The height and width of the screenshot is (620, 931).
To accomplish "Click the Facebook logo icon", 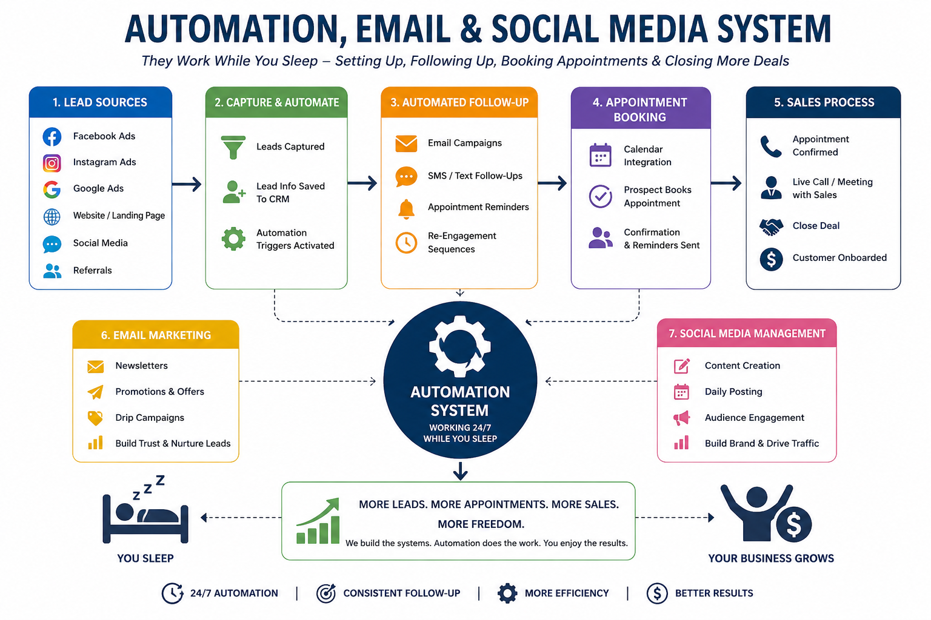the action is (52, 137).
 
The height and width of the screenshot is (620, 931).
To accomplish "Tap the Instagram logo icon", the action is (52, 163).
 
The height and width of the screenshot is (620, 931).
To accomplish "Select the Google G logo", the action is (52, 190).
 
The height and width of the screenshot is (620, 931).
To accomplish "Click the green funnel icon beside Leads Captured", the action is (233, 147).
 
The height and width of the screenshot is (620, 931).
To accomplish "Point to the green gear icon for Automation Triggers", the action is (233, 239).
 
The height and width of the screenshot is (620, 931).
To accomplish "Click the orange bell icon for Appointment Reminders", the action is (406, 208).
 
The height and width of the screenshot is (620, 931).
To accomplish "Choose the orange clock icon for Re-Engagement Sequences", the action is (406, 243).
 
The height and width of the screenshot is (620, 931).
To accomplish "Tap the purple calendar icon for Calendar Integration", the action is (600, 156).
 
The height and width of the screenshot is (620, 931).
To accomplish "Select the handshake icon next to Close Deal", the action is (771, 226).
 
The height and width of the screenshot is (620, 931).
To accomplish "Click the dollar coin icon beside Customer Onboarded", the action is (771, 259).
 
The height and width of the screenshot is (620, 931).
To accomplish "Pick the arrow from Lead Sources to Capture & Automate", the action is (187, 184).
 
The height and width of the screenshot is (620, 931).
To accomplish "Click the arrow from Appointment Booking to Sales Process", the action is (726, 183).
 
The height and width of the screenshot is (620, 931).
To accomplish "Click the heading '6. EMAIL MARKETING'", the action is (156, 335).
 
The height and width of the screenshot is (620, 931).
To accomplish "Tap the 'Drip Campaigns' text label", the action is (150, 417).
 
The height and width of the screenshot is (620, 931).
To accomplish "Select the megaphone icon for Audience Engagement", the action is (682, 418).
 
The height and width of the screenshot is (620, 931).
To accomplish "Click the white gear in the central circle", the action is (459, 346).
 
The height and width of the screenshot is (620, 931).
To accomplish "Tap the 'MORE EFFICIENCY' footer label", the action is (567, 593).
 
